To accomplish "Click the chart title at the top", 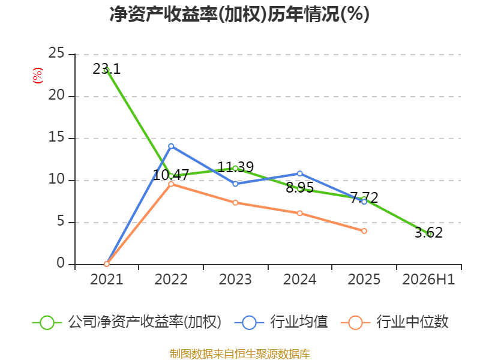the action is pyautogui.click(x=239, y=14).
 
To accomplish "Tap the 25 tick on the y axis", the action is pyautogui.click(x=56, y=53).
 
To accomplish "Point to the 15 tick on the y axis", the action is pyautogui.click(x=56, y=137).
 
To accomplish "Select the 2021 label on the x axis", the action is pyautogui.click(x=107, y=280).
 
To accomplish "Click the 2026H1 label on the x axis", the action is pyautogui.click(x=428, y=280).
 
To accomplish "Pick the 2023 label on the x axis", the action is pyautogui.click(x=235, y=280).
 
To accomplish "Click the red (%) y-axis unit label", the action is pyautogui.click(x=38, y=76).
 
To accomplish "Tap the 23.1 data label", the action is pyautogui.click(x=107, y=69).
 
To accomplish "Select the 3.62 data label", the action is pyautogui.click(x=428, y=232).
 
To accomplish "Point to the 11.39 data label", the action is pyautogui.click(x=235, y=167).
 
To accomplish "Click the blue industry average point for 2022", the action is pyautogui.click(x=171, y=146).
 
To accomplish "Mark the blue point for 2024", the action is pyautogui.click(x=299, y=173).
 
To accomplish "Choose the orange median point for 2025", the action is pyautogui.click(x=364, y=231).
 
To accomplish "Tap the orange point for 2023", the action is pyautogui.click(x=235, y=203).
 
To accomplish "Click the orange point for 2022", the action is pyautogui.click(x=171, y=184).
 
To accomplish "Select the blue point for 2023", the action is pyautogui.click(x=235, y=184).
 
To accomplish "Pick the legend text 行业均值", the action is pyautogui.click(x=299, y=322).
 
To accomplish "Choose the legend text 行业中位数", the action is pyautogui.click(x=412, y=322).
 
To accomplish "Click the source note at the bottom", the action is pyautogui.click(x=240, y=354).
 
